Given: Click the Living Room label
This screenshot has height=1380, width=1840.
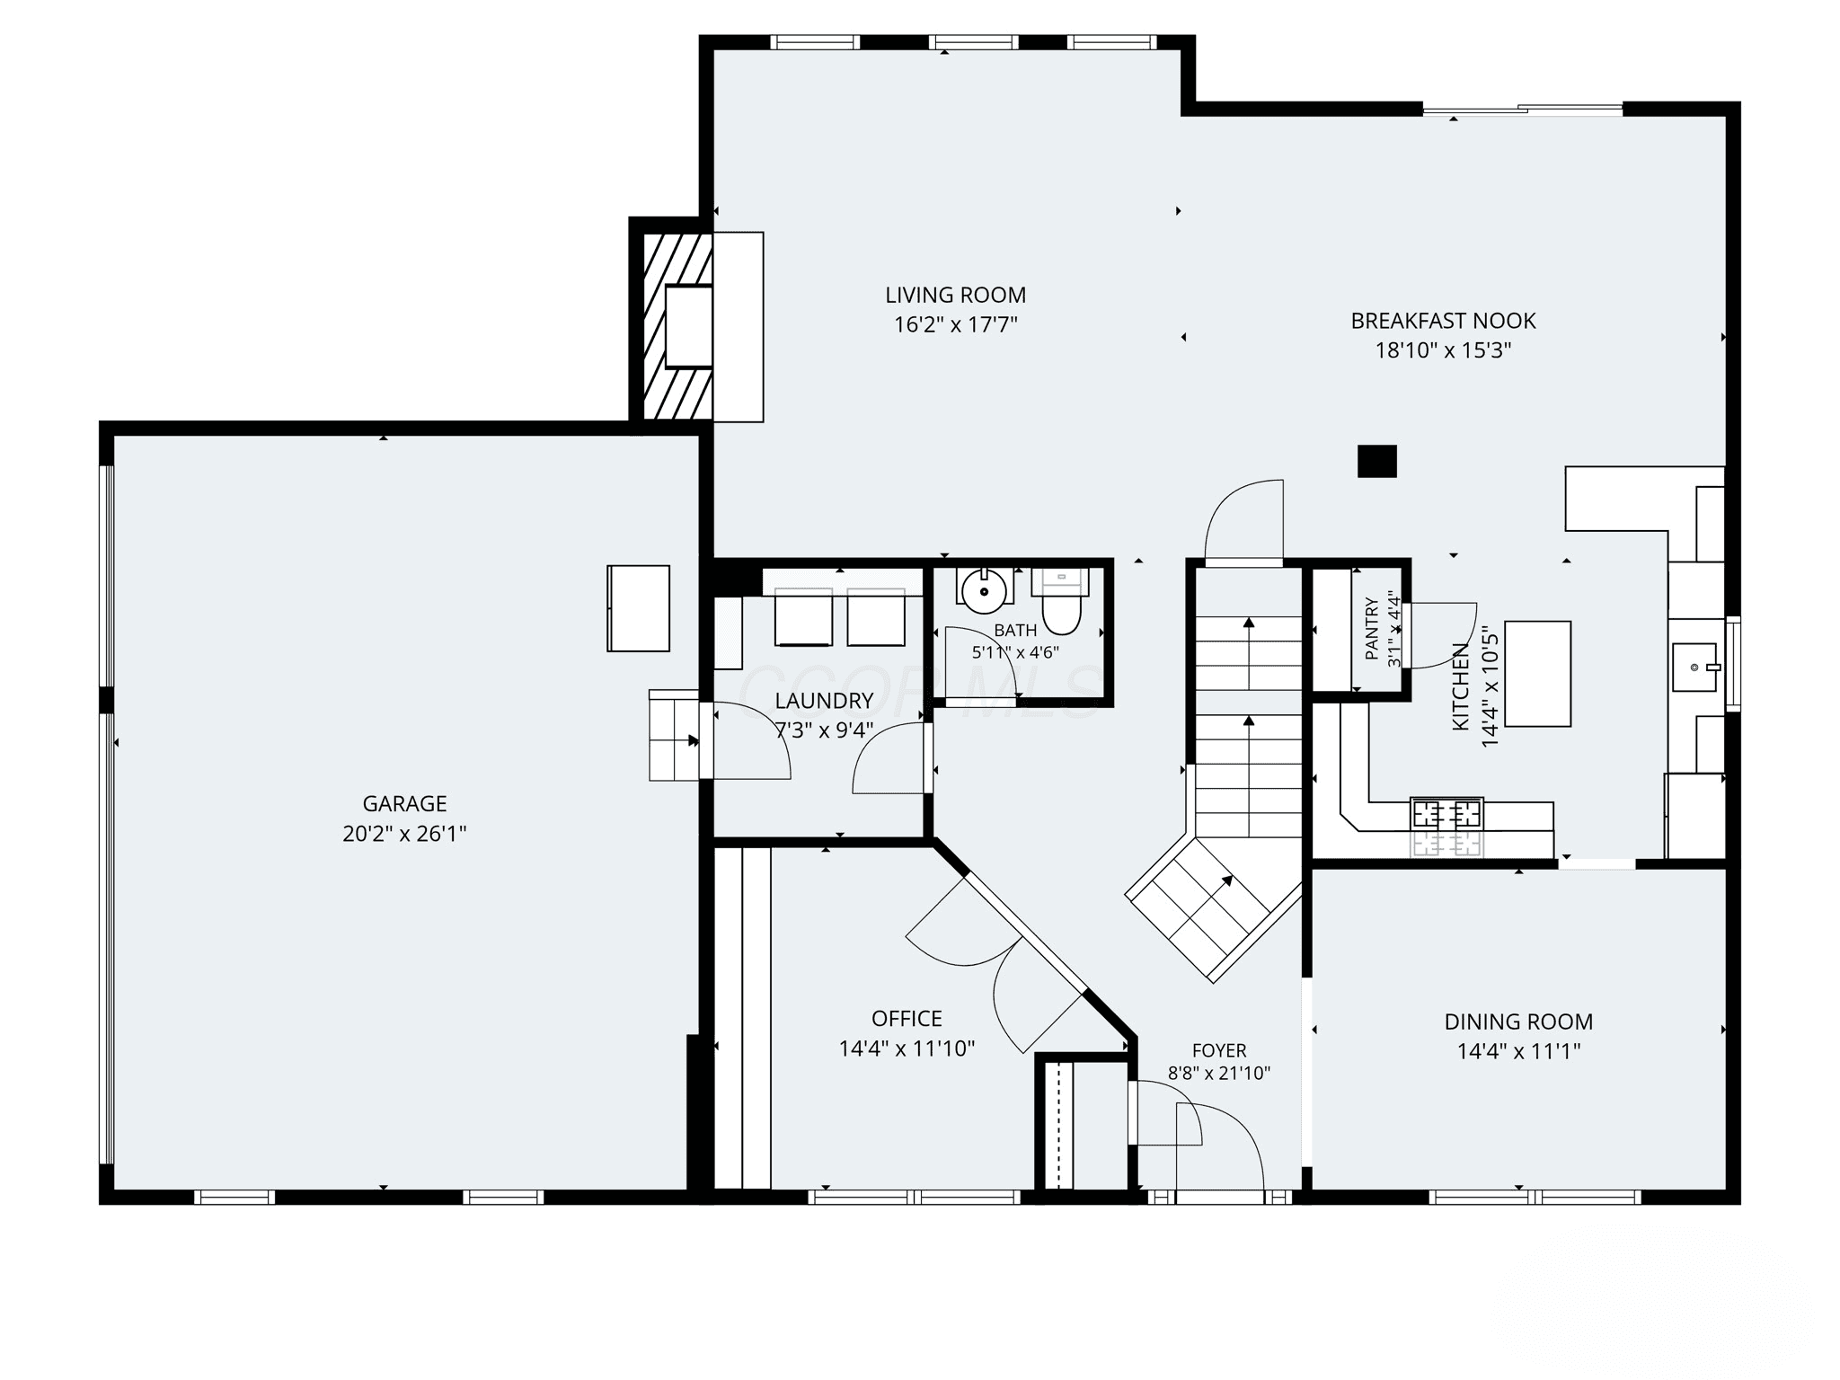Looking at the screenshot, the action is [955, 295].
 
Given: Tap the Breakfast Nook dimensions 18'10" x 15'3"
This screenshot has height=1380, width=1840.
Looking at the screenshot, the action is [1443, 350].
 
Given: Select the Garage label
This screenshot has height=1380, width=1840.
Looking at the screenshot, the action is [404, 803].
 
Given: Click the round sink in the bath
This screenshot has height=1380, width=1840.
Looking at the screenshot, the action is [984, 589].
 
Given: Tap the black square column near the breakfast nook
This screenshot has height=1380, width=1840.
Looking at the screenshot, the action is [1377, 461].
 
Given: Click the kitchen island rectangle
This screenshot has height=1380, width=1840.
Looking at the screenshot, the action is [1538, 673].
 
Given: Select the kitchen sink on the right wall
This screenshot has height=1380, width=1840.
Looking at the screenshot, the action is [1695, 667].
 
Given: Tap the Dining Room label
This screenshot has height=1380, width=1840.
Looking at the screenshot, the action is [1518, 1022].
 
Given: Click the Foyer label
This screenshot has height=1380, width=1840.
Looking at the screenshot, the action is [1219, 1050].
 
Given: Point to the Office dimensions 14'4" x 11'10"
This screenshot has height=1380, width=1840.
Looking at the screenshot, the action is [907, 1048].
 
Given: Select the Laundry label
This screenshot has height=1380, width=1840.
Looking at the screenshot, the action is [824, 701].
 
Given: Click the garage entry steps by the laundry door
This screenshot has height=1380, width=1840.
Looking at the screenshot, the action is [674, 736].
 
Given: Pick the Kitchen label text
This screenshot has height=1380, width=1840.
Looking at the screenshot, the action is [1461, 686].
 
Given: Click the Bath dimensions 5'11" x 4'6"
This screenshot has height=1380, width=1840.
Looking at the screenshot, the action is [1015, 652].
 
